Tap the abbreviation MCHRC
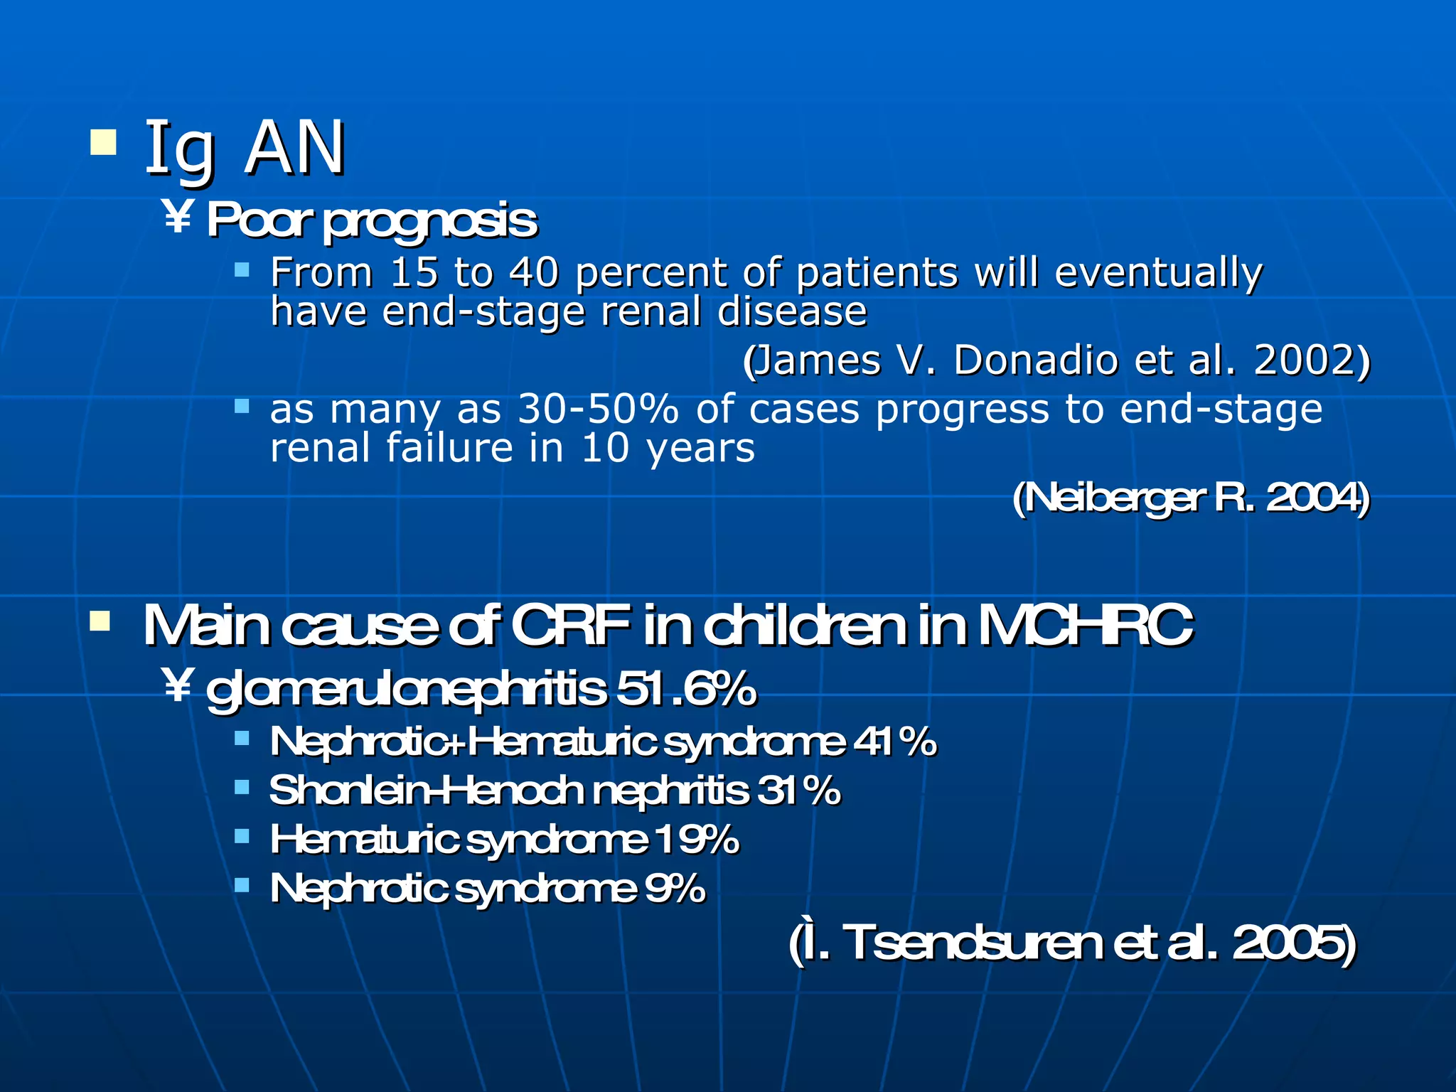[1085, 626]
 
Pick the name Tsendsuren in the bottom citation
[975, 943]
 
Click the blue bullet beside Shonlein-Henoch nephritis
[242, 787]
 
